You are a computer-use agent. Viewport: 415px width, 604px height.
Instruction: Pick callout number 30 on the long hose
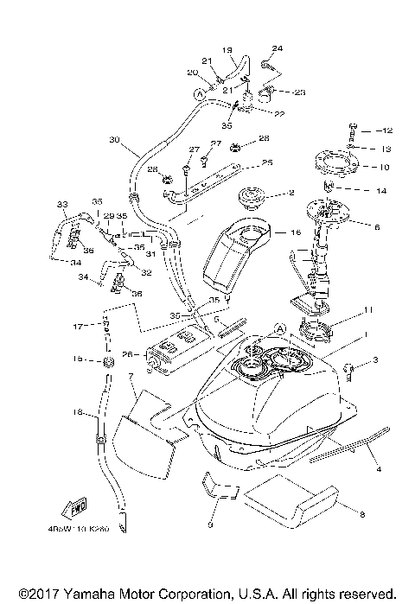point(114,139)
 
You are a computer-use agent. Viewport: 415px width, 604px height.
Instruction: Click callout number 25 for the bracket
point(266,162)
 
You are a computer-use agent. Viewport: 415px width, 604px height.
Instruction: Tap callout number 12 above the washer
point(386,130)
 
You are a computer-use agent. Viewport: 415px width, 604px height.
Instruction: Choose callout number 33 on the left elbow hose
point(61,204)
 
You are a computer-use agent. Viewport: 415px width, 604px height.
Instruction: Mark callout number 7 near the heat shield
point(131,377)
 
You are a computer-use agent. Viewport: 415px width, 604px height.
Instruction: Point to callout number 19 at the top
point(227,51)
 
